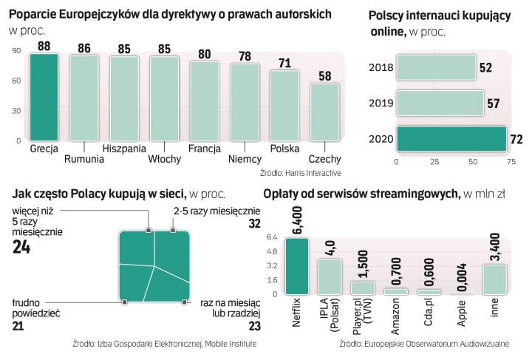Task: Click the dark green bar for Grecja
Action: (x=44, y=96)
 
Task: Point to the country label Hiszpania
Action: (x=124, y=149)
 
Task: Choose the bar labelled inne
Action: (x=495, y=279)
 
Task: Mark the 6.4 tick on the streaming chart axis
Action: (x=270, y=237)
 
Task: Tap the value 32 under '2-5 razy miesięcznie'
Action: (x=255, y=224)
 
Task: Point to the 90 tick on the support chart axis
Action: (x=16, y=51)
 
